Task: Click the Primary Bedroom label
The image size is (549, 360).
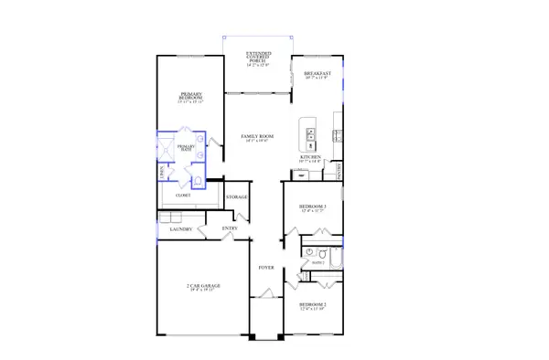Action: (191, 96)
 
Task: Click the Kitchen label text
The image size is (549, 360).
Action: (311, 158)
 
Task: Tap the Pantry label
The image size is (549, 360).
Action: (339, 170)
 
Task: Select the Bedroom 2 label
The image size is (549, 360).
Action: (313, 305)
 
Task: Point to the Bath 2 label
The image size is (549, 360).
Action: (318, 262)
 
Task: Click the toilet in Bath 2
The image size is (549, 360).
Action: (311, 251)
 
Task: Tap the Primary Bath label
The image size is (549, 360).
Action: (187, 148)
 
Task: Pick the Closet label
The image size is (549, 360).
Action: (184, 196)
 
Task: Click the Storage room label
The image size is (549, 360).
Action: (237, 197)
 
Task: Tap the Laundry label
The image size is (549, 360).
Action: (180, 229)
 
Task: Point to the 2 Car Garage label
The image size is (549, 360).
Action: (203, 287)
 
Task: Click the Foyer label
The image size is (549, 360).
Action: (265, 268)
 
